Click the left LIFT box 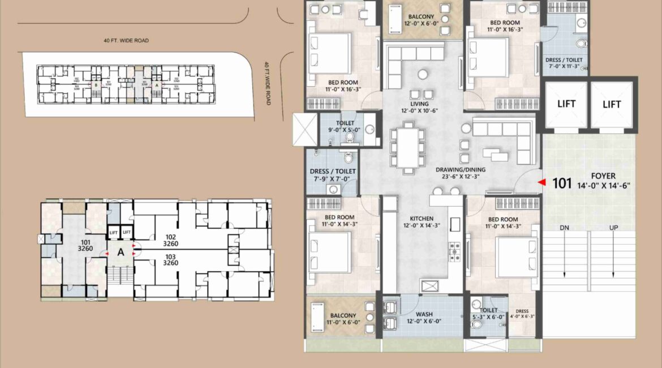point(566,104)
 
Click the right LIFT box point(612,104)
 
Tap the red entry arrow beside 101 point(541,183)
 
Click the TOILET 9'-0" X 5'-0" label point(345,126)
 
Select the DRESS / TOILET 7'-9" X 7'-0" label point(333,175)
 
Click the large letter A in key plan point(120,253)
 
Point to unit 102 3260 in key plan point(171,241)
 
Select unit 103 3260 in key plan point(171,259)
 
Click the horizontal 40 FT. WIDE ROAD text point(126,41)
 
